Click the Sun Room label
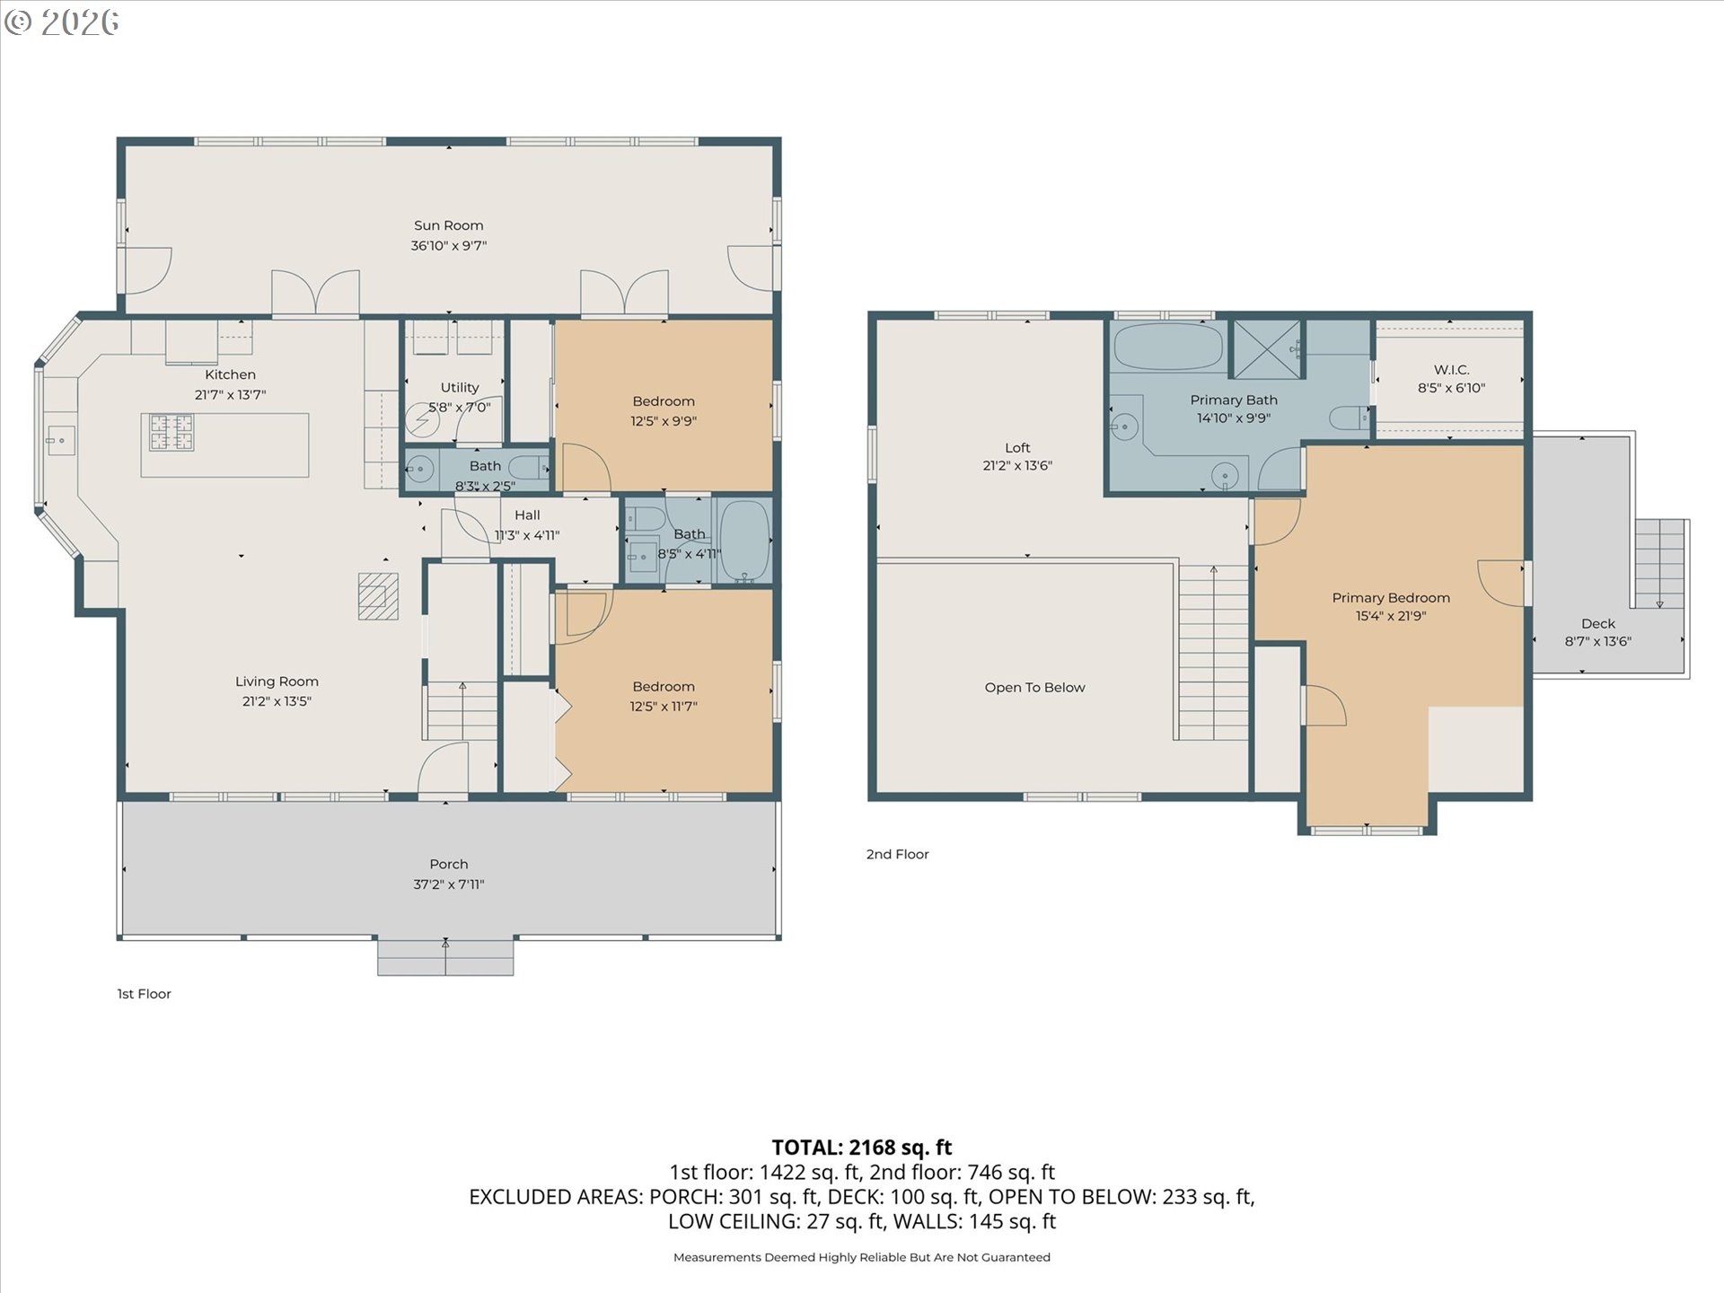(448, 225)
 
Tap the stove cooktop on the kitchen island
(172, 432)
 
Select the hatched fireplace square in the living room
(378, 596)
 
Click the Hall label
(527, 515)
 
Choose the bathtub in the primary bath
(1167, 346)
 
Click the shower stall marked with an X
(1267, 348)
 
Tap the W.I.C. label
(1451, 370)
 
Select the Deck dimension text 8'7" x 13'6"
(1598, 641)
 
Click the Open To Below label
(1034, 688)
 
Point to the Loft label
(1017, 447)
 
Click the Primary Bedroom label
(1391, 598)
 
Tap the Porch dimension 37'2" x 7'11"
(448, 884)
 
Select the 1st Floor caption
(144, 994)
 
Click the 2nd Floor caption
(897, 854)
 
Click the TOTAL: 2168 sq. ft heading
(862, 1148)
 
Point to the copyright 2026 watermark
(61, 22)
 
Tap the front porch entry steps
(445, 957)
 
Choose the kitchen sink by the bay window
(61, 441)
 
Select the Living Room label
(277, 682)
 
